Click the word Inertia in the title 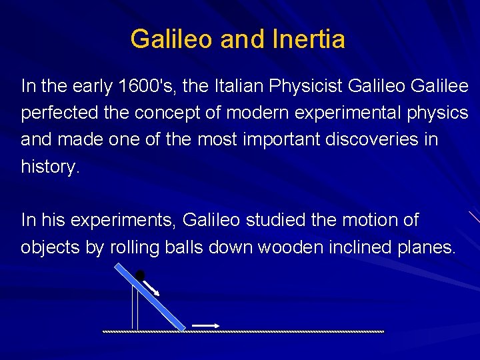pyautogui.click(x=309, y=39)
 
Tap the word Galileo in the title pyautogui.click(x=171, y=39)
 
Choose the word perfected pyautogui.click(x=63, y=113)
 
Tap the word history pyautogui.click(x=50, y=167)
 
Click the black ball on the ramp pyautogui.click(x=140, y=275)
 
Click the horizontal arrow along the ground pyautogui.click(x=205, y=325)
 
